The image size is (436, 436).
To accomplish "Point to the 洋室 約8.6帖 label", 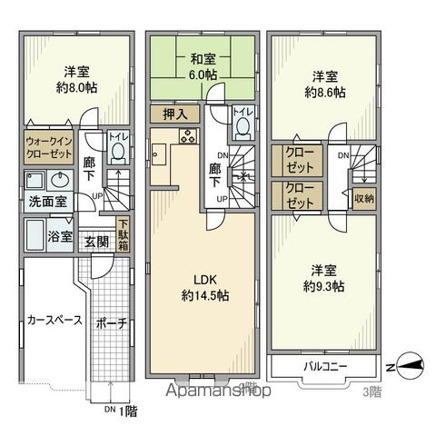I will [327, 84].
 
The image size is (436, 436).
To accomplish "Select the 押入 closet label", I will [175, 114].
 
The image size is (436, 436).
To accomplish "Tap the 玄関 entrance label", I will [97, 241].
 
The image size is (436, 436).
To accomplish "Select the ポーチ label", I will [108, 322].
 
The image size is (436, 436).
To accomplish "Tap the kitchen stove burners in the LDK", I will [187, 137].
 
